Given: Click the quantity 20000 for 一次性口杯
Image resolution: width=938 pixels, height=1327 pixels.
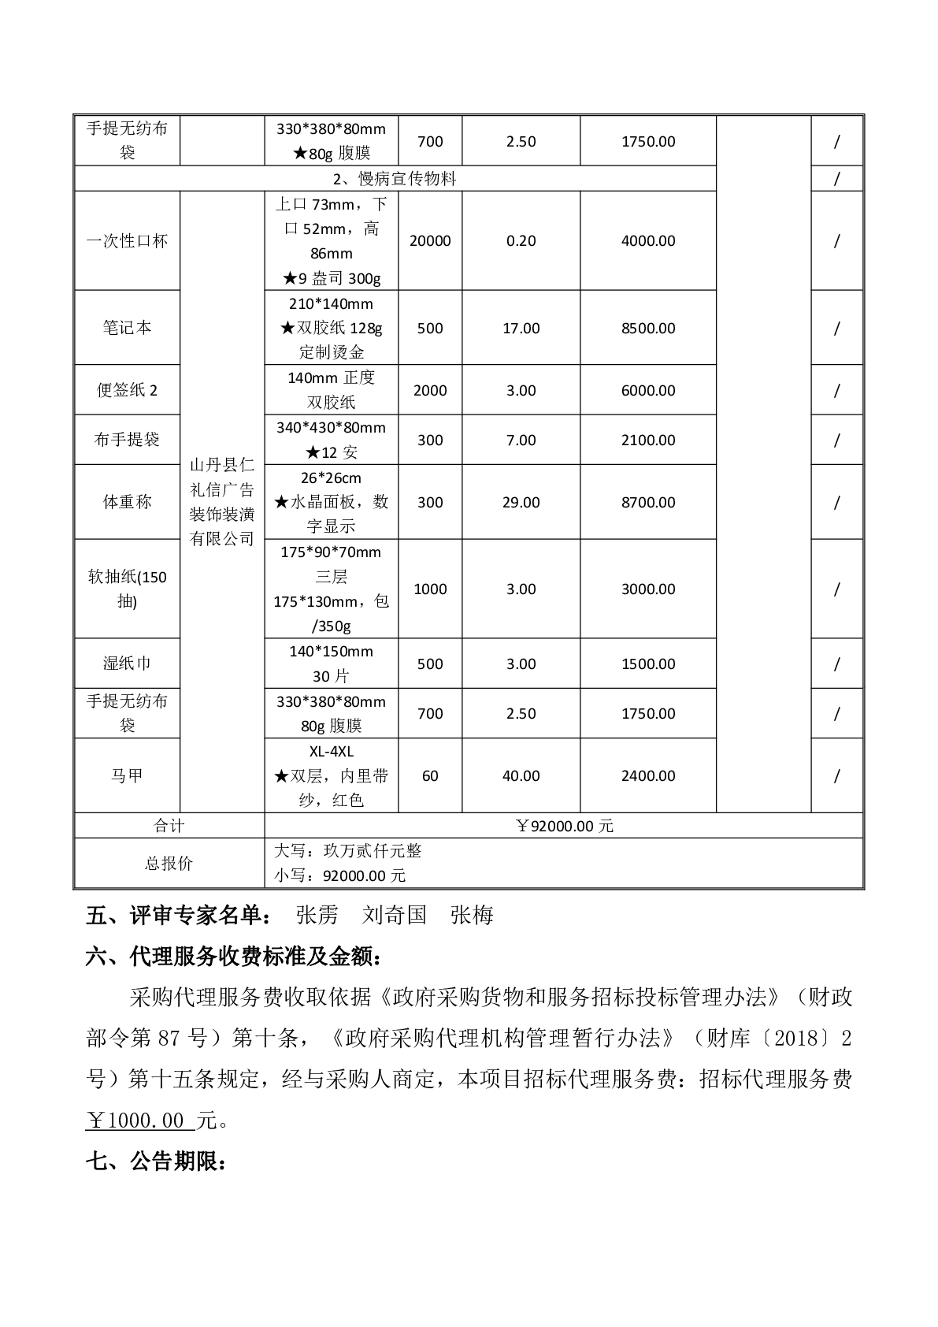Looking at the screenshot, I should point(430,241).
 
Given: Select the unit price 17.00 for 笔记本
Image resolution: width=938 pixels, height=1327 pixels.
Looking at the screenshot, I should point(521,328).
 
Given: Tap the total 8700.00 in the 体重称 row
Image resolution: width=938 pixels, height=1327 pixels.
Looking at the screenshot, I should point(648,502).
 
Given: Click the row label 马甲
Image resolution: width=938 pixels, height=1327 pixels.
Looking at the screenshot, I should point(127,775).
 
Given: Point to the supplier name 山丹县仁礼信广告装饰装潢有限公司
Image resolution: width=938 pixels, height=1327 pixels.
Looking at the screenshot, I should point(222,501).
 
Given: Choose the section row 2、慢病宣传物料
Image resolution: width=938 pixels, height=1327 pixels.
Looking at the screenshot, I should point(395,179).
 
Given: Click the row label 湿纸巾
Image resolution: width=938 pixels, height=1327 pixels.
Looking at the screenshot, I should point(127,663).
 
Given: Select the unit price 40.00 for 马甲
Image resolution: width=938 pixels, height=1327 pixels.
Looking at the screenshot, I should point(521,775).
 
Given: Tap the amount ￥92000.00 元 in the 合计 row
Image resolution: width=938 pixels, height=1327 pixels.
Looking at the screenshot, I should point(564,826).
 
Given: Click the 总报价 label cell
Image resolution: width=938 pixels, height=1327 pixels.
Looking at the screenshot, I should point(169,863).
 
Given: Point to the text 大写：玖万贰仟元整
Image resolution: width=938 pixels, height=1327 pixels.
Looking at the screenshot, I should point(347,851).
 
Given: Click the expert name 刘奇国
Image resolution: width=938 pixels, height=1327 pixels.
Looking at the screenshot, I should point(395,915).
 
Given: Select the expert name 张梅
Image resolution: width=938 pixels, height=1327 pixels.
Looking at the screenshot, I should point(472,915).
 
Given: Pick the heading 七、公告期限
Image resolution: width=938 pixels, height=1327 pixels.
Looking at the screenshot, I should point(156,1162).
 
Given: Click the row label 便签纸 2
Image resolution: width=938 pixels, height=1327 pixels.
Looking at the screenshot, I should point(127,390).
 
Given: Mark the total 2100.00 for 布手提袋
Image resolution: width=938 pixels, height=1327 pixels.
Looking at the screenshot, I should point(648,440).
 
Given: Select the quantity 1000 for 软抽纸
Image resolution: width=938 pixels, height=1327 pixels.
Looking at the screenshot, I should point(430,589).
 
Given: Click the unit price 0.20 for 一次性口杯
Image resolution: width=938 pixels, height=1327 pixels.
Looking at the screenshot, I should point(521,241).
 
